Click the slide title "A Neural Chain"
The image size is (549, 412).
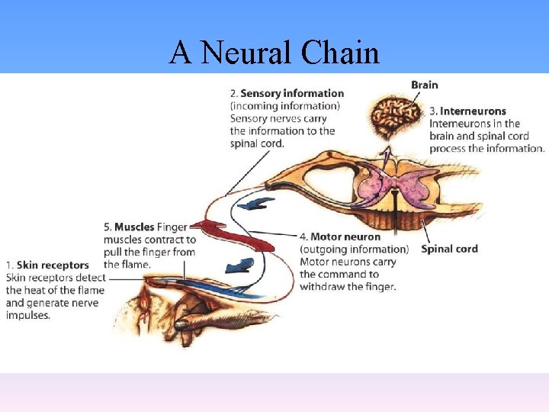[274, 53]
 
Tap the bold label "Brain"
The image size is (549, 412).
[425, 85]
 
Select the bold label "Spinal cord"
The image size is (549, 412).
[449, 249]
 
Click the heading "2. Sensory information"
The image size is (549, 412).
[287, 94]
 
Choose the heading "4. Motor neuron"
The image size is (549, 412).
[340, 237]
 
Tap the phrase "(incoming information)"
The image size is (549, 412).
[285, 106]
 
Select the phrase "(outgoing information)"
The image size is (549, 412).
[354, 249]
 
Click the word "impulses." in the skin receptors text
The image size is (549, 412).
[28, 314]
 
